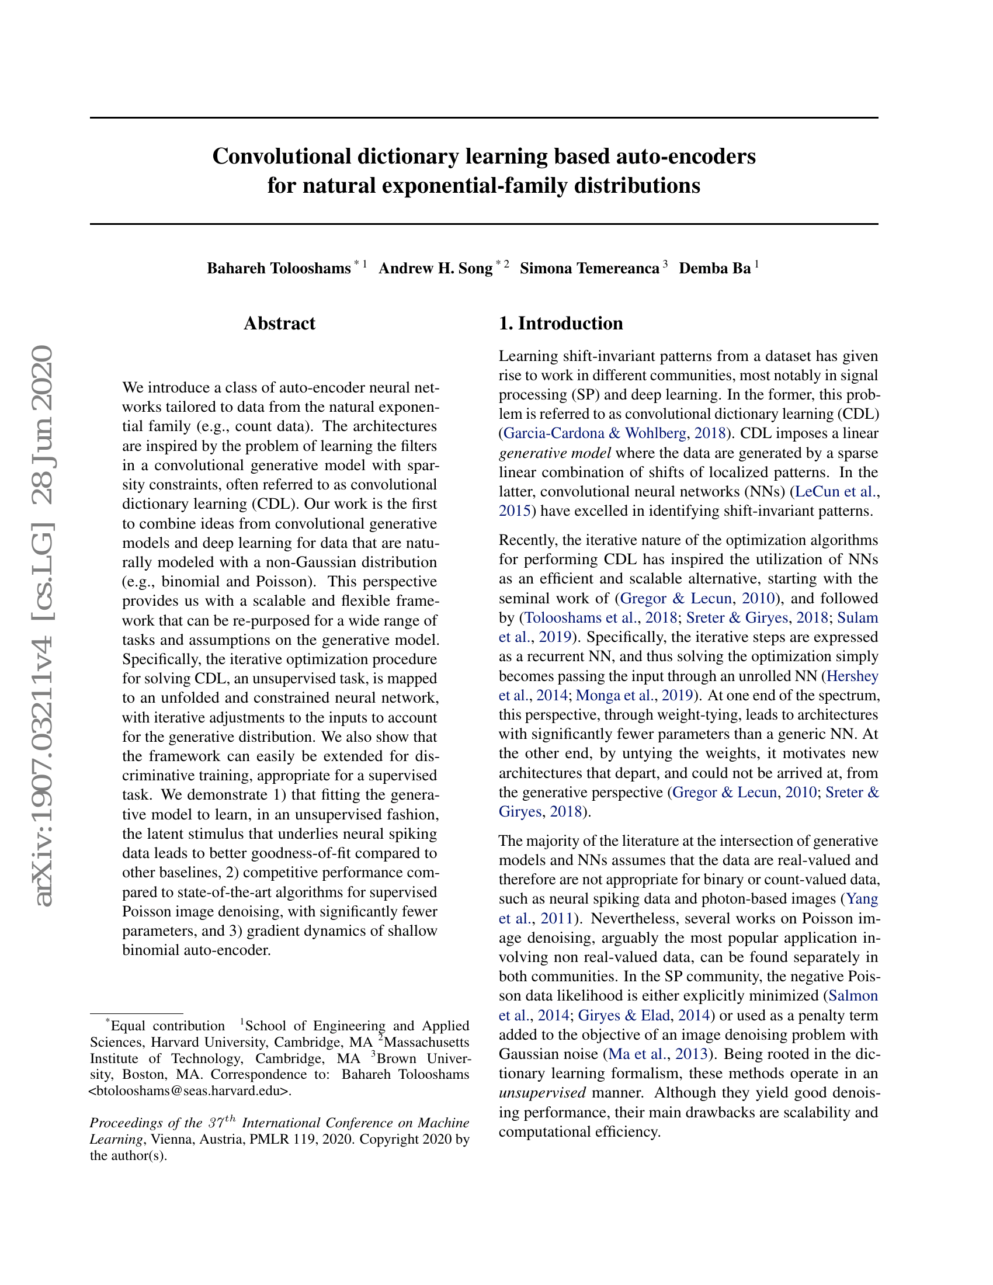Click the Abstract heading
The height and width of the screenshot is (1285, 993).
click(279, 324)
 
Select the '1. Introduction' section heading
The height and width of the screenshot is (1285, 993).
click(561, 324)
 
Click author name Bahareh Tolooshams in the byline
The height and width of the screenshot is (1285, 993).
click(278, 269)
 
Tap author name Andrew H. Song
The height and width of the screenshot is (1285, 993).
click(435, 269)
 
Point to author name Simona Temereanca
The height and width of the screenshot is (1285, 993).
click(589, 269)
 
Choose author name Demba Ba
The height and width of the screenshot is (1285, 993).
click(715, 269)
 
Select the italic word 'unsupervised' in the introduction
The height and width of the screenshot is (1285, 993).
click(542, 1093)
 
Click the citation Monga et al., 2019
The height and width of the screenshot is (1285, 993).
click(634, 696)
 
